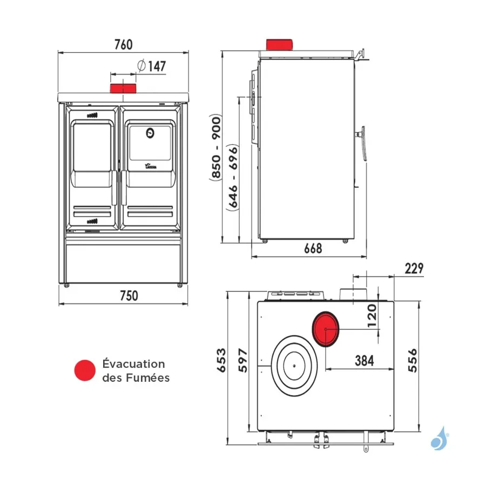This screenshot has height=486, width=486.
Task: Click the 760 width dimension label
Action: pyautogui.click(x=123, y=44)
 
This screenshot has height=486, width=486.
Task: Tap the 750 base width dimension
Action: pyautogui.click(x=129, y=296)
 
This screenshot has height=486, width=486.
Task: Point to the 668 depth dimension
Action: pyautogui.click(x=313, y=248)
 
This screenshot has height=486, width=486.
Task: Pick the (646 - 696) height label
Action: pyautogui.click(x=233, y=177)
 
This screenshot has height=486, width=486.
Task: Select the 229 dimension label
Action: pyautogui.click(x=414, y=268)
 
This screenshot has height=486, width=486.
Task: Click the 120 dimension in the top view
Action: pyautogui.click(x=371, y=315)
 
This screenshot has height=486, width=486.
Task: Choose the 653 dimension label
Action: pyautogui.click(x=221, y=361)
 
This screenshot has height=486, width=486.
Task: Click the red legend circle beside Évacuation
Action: pyautogui.click(x=85, y=370)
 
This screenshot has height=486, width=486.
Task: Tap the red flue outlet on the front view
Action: pyautogui.click(x=123, y=89)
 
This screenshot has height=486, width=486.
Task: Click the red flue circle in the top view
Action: pyautogui.click(x=326, y=329)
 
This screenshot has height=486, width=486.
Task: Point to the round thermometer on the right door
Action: pyautogui.click(x=150, y=131)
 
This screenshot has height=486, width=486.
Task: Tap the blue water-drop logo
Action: pyautogui.click(x=438, y=438)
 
